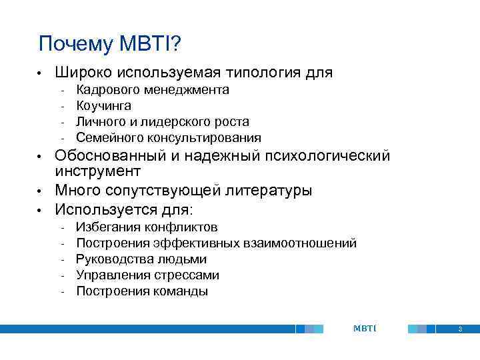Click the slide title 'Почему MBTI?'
(110, 44)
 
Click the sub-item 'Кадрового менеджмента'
(153, 90)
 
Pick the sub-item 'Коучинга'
(104, 106)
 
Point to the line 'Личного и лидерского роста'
(163, 122)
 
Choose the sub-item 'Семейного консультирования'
(169, 138)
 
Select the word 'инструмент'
(98, 172)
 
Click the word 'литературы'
(269, 191)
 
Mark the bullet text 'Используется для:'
(124, 209)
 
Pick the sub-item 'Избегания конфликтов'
(147, 227)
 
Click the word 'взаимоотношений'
(306, 243)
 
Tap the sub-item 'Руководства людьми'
(141, 259)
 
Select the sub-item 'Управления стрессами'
(147, 275)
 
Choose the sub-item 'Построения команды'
(142, 291)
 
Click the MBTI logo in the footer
(364, 329)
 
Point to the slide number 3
(460, 329)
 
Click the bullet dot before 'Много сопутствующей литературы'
(41, 191)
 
